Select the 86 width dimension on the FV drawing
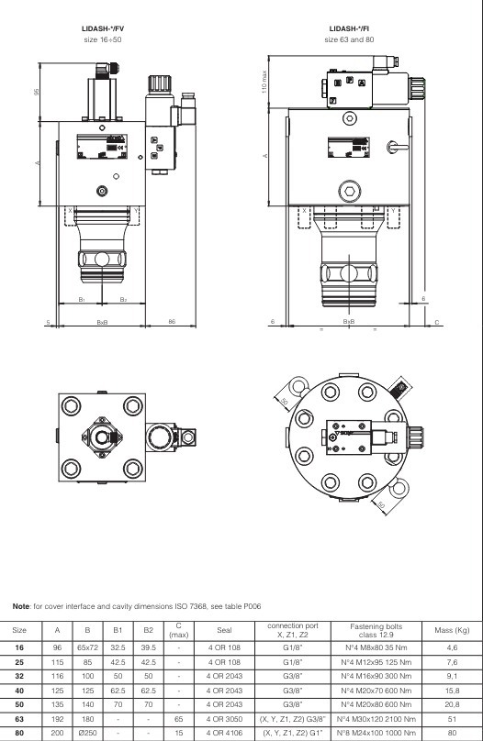point(172,322)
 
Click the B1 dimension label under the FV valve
point(81,299)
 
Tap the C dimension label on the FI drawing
point(437,322)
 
